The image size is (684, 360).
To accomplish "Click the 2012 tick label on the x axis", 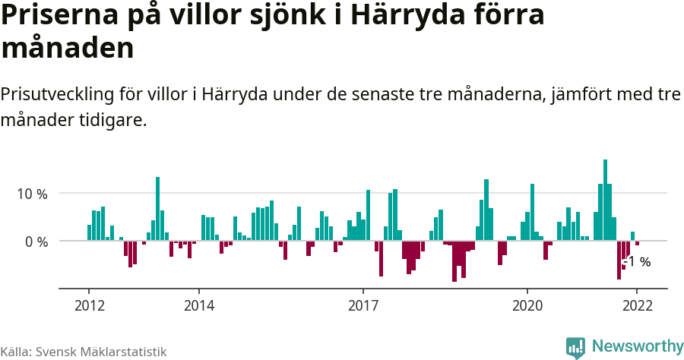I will pos(89,305).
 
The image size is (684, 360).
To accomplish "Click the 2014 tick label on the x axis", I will pos(198,305).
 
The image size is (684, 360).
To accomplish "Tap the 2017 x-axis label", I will pos(363,305).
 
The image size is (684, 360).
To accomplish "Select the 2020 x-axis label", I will pos(527,305).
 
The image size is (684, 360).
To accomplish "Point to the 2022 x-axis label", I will pos(637,305).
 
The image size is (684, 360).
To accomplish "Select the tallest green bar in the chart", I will pos(605,199).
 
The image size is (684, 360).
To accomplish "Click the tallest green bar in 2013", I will pos(157,208).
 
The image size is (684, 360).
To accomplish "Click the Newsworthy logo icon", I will pos(575,347).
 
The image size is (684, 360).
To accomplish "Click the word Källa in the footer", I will pos(16,352).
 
